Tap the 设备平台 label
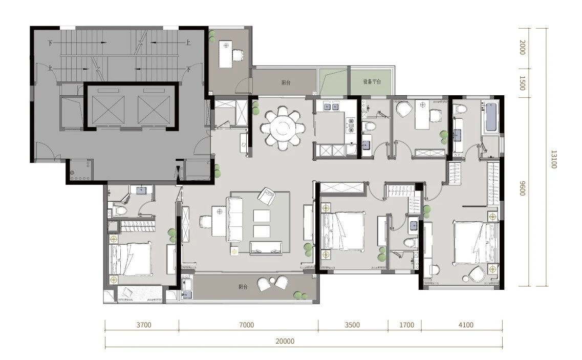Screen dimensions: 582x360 (372, 81)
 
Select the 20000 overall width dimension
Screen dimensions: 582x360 (285, 342)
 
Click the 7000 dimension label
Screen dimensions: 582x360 (246, 325)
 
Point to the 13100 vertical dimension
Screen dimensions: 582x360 (554, 159)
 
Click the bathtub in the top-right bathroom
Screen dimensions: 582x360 (491, 117)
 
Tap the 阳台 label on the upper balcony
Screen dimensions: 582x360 (286, 82)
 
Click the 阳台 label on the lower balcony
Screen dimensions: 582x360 (243, 287)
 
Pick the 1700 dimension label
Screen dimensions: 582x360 (406, 325)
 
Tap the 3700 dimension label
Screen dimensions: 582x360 (144, 325)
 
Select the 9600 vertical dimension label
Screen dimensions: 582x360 (522, 188)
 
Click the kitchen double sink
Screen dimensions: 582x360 (332, 107)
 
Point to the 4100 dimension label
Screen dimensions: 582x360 (466, 325)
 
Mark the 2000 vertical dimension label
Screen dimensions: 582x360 (522, 48)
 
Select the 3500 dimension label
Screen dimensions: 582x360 (352, 325)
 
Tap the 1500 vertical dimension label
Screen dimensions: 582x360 (522, 83)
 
